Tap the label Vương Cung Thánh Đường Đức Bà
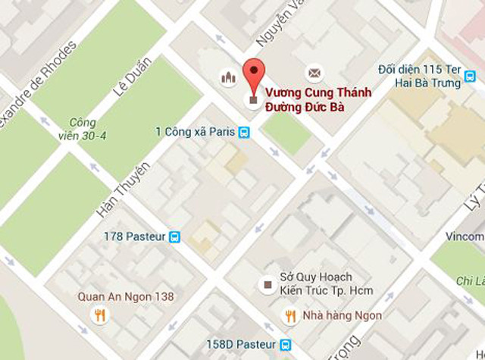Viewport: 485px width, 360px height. (304, 101)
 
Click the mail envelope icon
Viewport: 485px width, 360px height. (313, 73)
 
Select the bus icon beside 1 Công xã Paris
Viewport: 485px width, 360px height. (244, 132)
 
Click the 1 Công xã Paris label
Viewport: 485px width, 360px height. (195, 132)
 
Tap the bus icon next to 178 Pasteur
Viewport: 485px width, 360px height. (175, 236)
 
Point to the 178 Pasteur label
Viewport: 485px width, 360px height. (134, 236)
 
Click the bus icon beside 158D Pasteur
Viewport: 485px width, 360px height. (285, 344)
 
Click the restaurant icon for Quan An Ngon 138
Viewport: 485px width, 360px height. (99, 315)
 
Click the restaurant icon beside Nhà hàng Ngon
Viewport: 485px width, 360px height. (289, 315)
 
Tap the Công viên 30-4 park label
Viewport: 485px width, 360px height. (83, 128)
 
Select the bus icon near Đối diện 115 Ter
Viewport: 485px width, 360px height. (471, 77)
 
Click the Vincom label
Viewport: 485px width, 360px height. (465, 236)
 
